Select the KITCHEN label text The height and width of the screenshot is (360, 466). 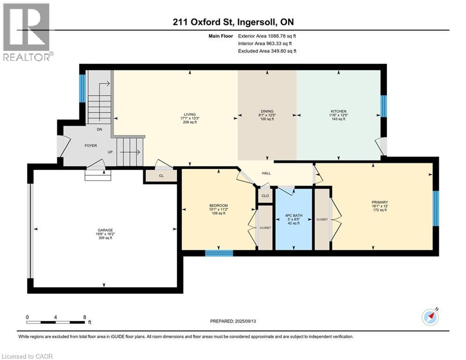338,112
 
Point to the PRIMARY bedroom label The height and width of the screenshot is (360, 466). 380,202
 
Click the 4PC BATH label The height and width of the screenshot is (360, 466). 294,216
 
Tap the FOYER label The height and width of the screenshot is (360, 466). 90,146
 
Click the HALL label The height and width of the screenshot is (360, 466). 266,173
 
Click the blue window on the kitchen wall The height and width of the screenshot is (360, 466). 383,106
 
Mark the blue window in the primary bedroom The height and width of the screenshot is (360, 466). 436,205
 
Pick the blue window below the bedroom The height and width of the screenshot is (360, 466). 219,253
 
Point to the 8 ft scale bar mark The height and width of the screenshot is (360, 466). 84,317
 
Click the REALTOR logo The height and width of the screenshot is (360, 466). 27,32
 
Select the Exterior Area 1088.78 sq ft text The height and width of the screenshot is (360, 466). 267,36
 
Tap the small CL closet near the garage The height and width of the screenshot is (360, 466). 161,175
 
